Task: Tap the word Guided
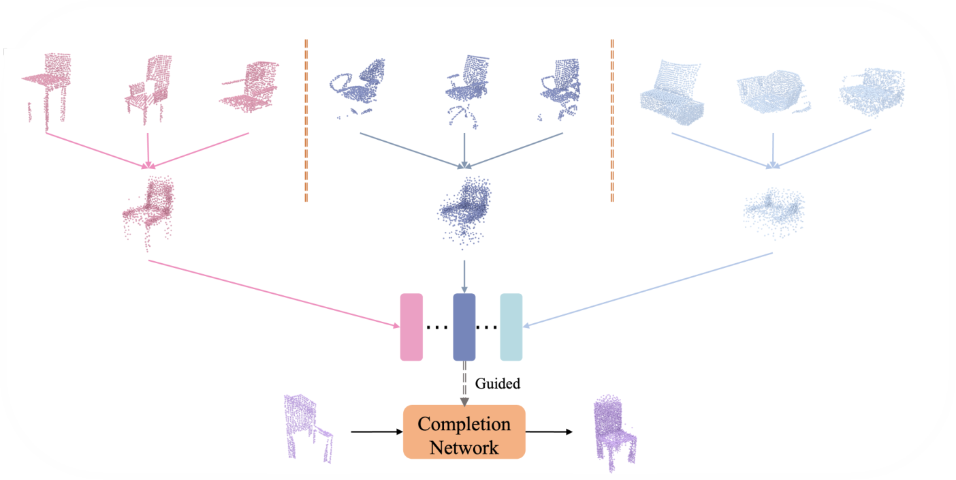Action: tap(498, 384)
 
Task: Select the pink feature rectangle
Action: tap(411, 327)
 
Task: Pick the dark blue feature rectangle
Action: tap(464, 327)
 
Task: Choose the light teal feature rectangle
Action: tap(511, 327)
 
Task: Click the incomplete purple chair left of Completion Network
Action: tap(309, 429)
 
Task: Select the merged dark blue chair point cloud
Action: tap(465, 212)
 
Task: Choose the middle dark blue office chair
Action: tap(467, 89)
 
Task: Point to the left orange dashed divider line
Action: tap(306, 120)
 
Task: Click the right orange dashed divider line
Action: tap(612, 120)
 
